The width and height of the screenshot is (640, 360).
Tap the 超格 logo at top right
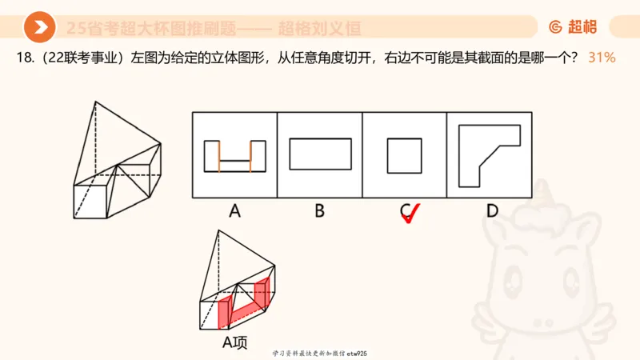(574, 28)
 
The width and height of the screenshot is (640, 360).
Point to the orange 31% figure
(601, 58)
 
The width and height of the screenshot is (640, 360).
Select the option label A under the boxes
(234, 211)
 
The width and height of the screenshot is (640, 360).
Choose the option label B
(319, 211)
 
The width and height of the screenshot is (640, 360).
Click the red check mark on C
(410, 214)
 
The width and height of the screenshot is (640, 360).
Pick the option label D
(491, 211)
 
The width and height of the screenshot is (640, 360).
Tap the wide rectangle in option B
(319, 154)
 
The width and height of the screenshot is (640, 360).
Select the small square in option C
(405, 155)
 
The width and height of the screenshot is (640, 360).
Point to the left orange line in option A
(218, 156)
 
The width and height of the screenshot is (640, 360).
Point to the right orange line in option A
(250, 156)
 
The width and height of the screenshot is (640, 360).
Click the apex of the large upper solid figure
(95, 102)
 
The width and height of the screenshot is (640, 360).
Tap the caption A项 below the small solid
(234, 342)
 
